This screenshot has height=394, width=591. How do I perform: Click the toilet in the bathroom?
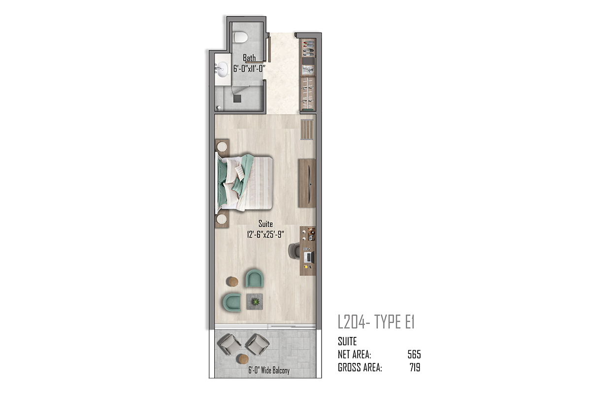pyautogui.click(x=240, y=37)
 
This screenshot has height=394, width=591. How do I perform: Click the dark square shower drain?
pyautogui.click(x=237, y=98)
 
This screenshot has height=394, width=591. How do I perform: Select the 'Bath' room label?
pyautogui.click(x=249, y=58)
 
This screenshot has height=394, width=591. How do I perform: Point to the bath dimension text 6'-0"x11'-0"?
pyautogui.click(x=249, y=68)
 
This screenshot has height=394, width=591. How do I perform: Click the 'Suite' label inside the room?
pyautogui.click(x=265, y=224)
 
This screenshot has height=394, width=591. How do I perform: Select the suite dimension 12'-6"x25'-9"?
pyautogui.click(x=265, y=234)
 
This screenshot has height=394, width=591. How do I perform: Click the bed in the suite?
pyautogui.click(x=244, y=183)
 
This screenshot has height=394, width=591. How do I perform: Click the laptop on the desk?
pyautogui.click(x=309, y=257)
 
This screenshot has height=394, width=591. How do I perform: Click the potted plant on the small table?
pyautogui.click(x=256, y=301)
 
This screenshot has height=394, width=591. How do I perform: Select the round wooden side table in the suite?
pyautogui.click(x=232, y=282)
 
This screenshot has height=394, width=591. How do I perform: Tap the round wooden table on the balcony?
pyautogui.click(x=243, y=359)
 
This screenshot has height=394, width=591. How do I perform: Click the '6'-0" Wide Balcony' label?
pyautogui.click(x=269, y=370)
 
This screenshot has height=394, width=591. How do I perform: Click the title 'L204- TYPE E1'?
pyautogui.click(x=376, y=322)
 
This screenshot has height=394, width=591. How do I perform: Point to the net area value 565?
pyautogui.click(x=414, y=355)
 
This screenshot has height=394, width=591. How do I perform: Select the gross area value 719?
pyautogui.click(x=415, y=367)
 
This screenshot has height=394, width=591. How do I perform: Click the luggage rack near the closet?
pyautogui.click(x=307, y=130)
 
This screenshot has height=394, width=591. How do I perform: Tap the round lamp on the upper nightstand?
pyautogui.click(x=222, y=147)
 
